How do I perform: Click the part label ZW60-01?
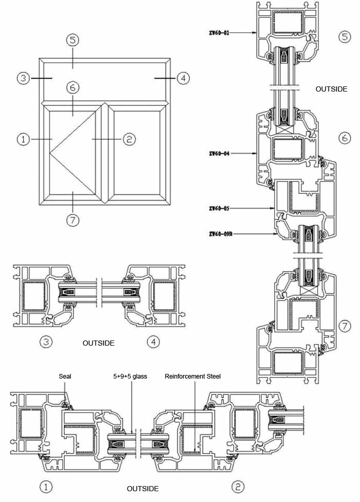pyautogui.click(x=219, y=32)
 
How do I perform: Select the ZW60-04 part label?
pyautogui.click(x=219, y=153)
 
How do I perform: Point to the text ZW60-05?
pyautogui.click(x=219, y=208)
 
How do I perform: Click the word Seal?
pyautogui.click(x=65, y=377)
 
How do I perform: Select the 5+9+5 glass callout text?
pyautogui.click(x=130, y=377)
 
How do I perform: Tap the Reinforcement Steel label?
pyautogui.click(x=193, y=377)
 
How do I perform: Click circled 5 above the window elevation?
pyautogui.click(x=73, y=40)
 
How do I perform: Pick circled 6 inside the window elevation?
pyautogui.click(x=73, y=87)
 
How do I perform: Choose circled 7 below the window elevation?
pyautogui.click(x=73, y=220)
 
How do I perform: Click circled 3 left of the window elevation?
pyautogui.click(x=23, y=78)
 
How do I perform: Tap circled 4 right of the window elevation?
pyautogui.click(x=183, y=78)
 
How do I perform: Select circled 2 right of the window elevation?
pyautogui.click(x=129, y=139)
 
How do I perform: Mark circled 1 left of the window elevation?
pyautogui.click(x=23, y=139)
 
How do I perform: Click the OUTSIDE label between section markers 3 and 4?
pyautogui.click(x=98, y=343)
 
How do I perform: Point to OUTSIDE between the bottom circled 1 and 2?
pyautogui.click(x=142, y=489)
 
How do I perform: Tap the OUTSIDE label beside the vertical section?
pyautogui.click(x=332, y=89)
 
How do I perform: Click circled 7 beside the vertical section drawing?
pyautogui.click(x=345, y=326)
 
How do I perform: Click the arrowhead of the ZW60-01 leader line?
pyautogui.click(x=257, y=32)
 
